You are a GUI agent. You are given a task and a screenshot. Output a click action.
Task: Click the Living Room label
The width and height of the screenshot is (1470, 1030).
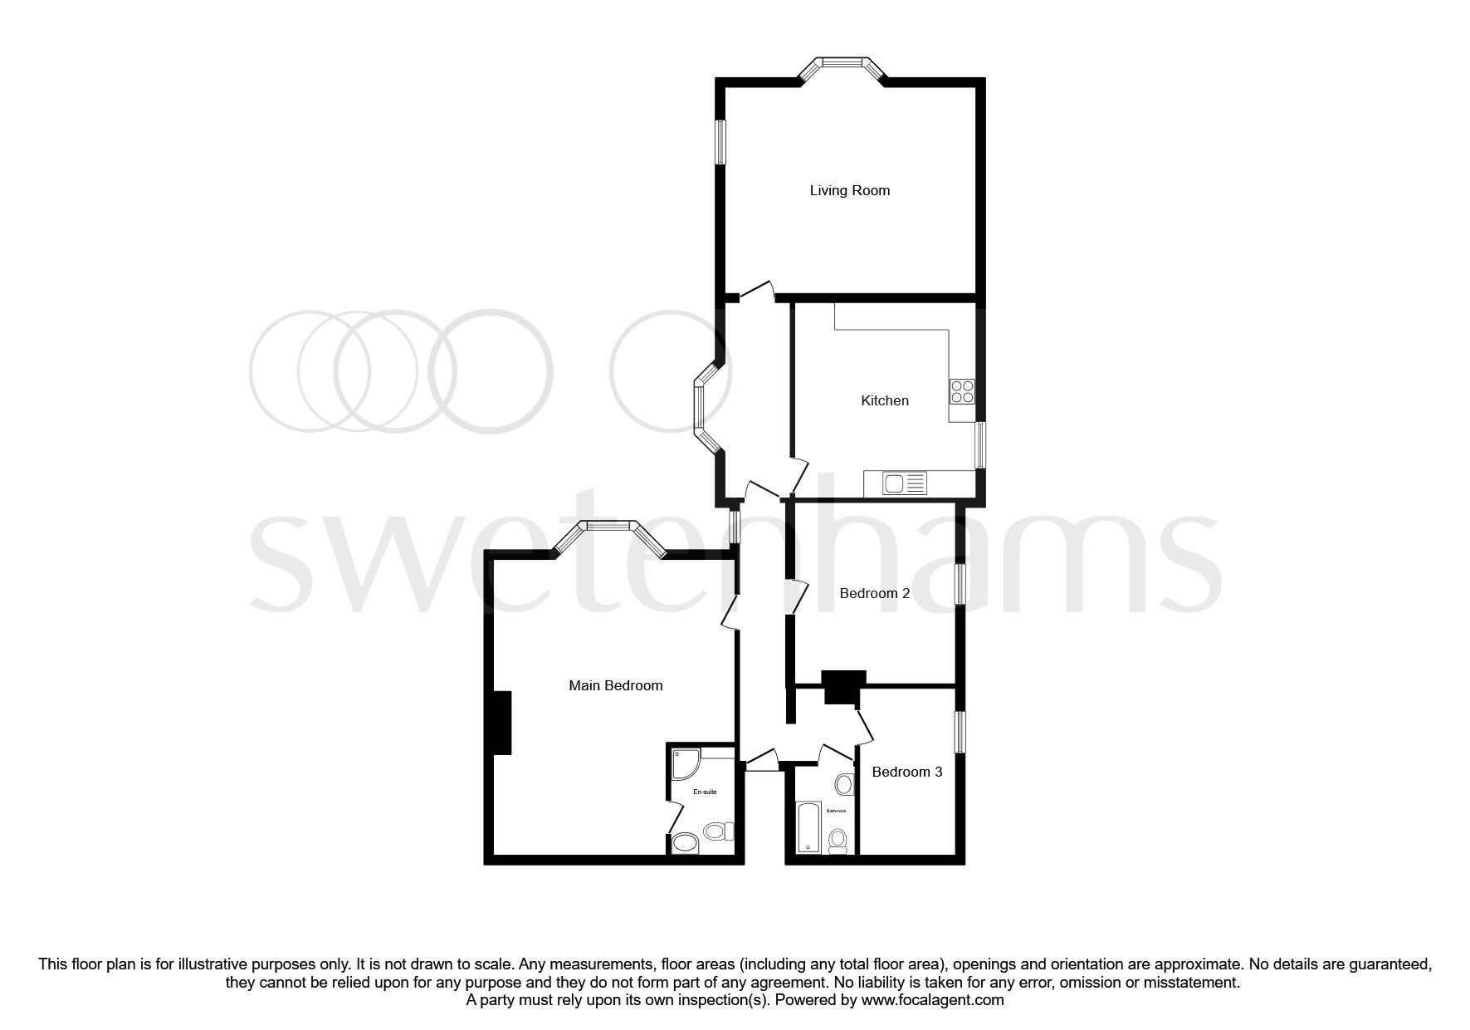849,190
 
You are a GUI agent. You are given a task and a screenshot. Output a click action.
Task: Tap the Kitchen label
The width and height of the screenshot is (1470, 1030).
884,400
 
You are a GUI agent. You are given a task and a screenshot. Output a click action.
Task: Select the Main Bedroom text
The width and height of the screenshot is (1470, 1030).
615,685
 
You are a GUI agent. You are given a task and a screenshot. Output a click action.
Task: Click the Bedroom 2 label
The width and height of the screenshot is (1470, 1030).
874,593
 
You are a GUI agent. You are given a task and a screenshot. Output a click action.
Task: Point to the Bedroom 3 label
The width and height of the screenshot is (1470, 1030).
906,772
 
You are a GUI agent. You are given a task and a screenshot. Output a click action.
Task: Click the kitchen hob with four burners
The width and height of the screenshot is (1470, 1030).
962,391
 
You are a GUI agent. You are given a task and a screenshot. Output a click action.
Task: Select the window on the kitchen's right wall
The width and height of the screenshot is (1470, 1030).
979,445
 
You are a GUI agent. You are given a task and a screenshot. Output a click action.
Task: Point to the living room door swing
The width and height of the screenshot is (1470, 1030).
758,290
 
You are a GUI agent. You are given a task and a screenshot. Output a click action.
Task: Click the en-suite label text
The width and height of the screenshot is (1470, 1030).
705,792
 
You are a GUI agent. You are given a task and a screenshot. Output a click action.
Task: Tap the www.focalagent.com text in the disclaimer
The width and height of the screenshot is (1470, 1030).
932,1000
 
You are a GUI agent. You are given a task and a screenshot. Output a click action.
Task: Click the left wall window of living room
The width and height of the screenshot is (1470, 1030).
721,141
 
